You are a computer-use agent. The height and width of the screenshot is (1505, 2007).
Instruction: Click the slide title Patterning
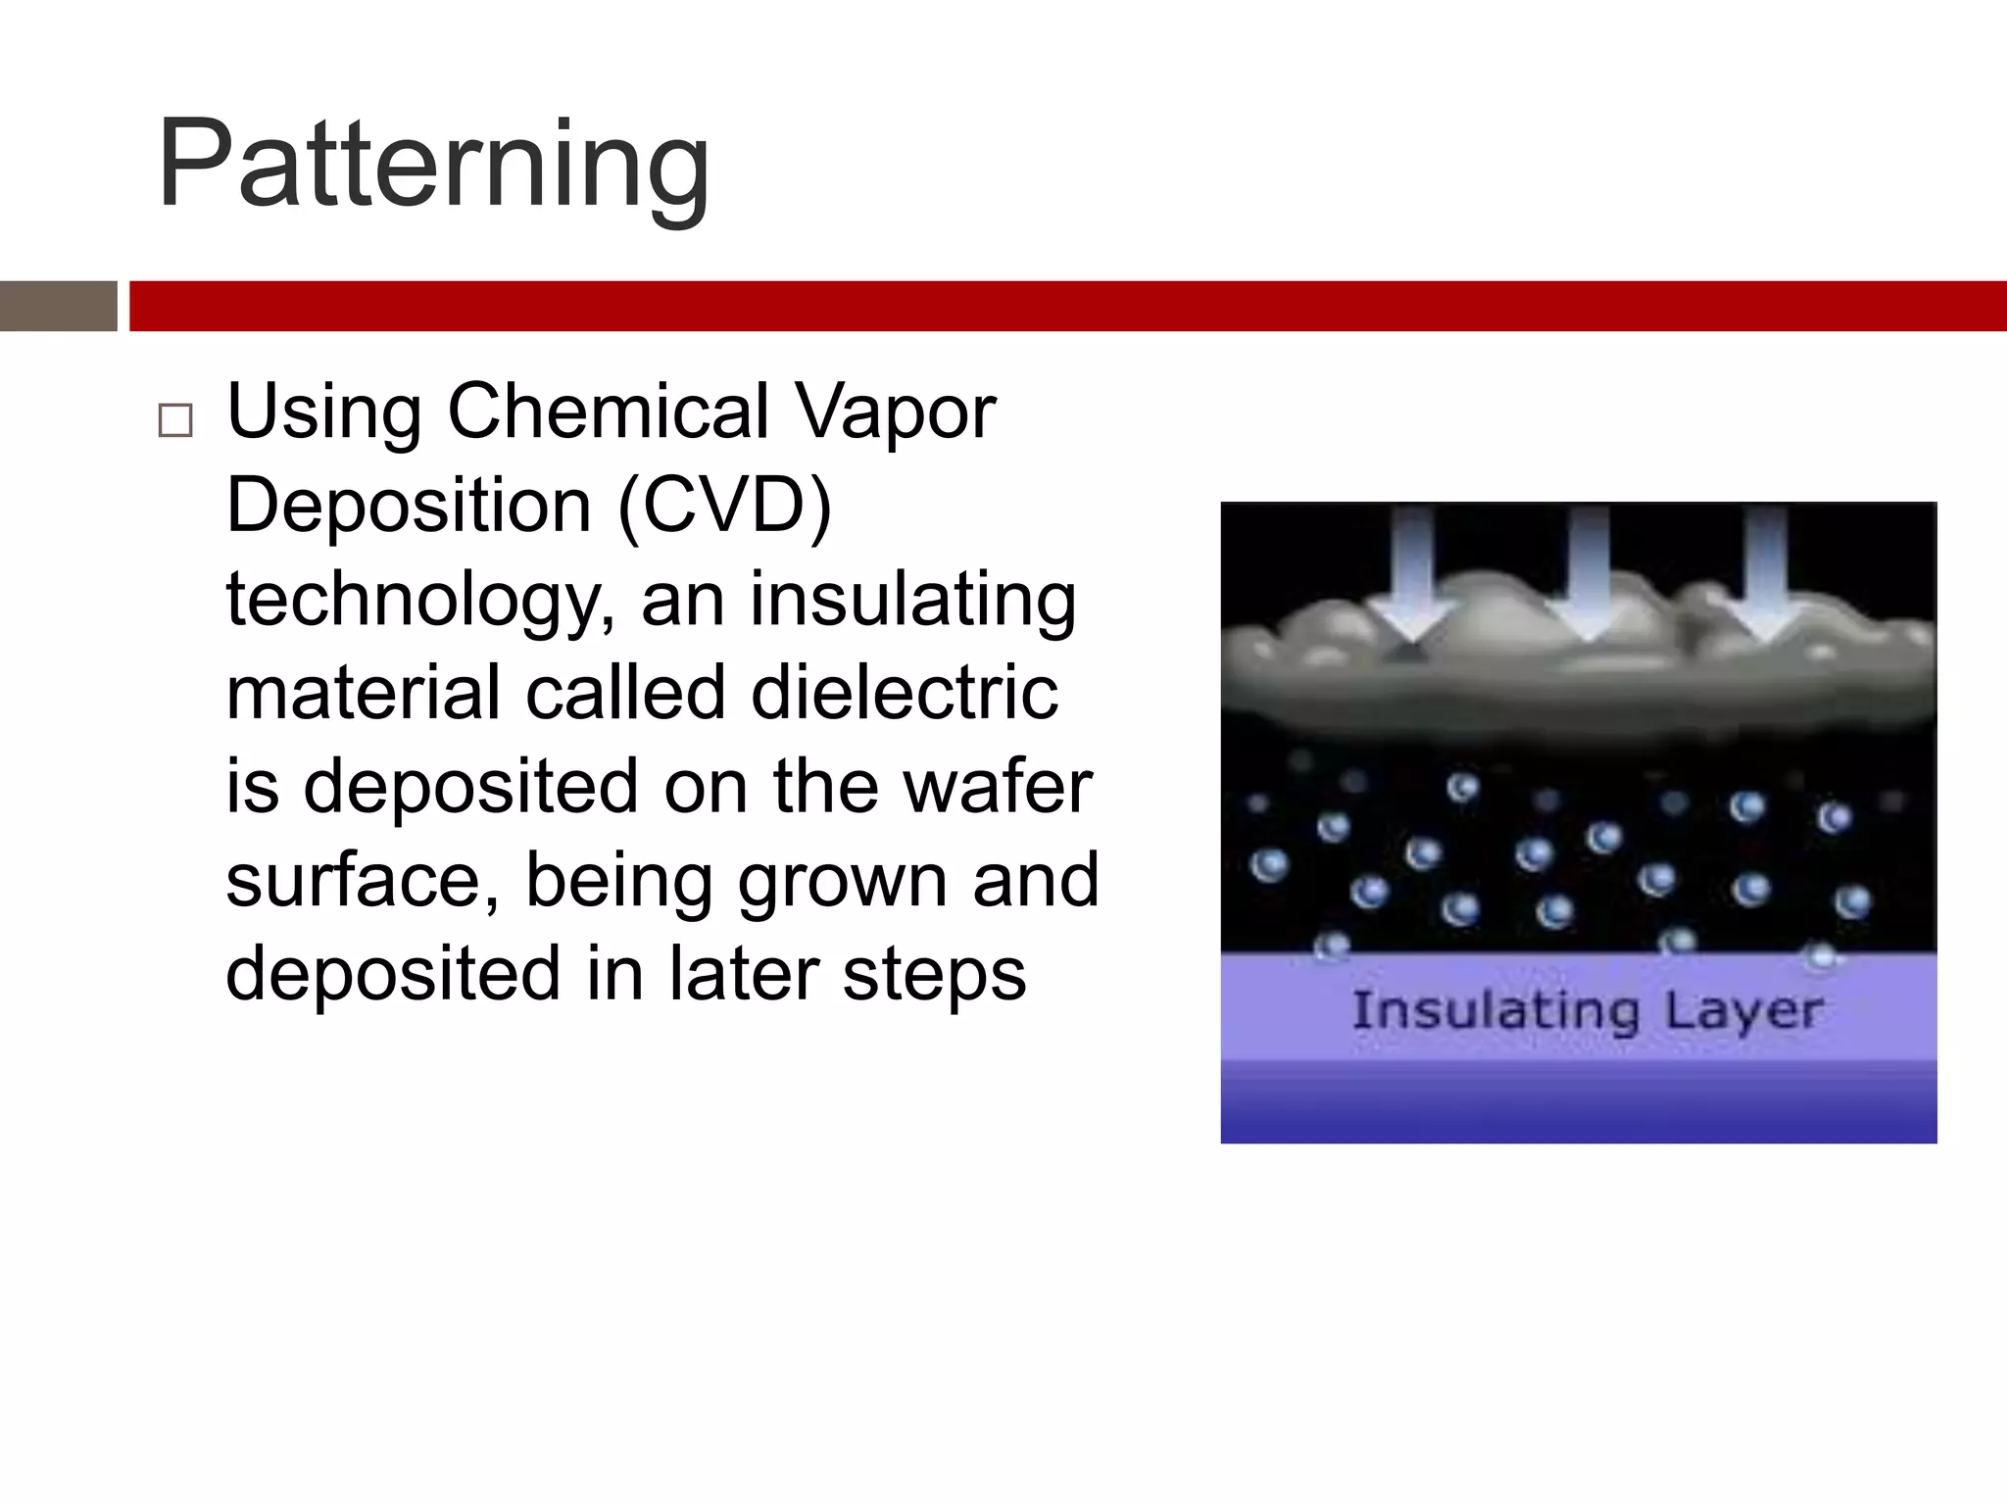pos(433,165)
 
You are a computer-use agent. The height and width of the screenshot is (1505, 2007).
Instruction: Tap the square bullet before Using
pos(175,420)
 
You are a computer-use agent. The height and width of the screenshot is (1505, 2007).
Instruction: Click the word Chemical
pos(608,412)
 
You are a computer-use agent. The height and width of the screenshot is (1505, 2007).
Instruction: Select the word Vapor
pos(895,412)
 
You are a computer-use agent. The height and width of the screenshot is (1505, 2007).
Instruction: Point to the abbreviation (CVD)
pos(724,506)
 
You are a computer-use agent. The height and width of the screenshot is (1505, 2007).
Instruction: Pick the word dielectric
pos(904,693)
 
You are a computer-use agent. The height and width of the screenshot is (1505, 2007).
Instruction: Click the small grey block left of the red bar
pos(58,306)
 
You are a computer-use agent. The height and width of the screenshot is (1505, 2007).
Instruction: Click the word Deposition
pos(409,506)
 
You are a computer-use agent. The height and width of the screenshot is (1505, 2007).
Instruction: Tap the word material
pos(364,693)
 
